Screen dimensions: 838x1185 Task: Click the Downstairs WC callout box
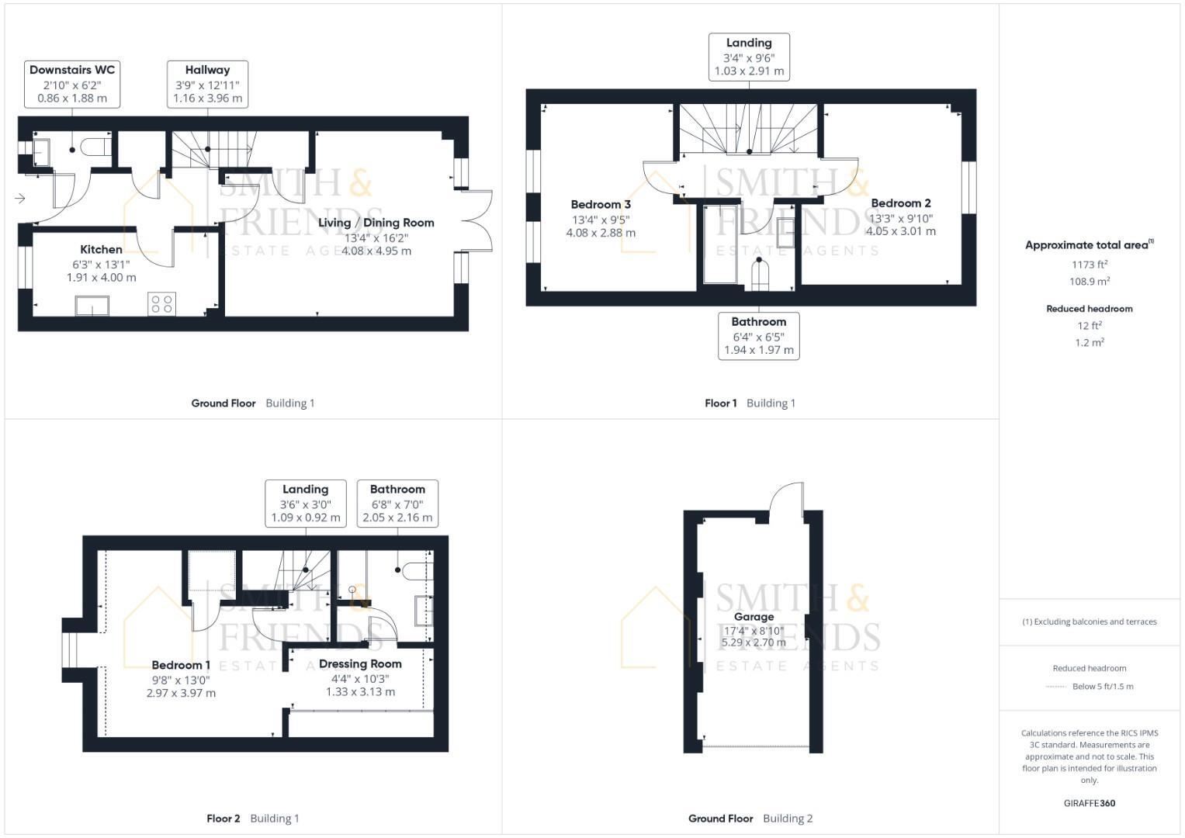point(72,84)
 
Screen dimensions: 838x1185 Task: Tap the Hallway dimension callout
point(207,84)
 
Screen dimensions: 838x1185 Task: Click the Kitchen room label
point(101,249)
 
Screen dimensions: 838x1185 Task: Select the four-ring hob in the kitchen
point(162,303)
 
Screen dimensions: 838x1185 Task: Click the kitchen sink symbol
point(92,306)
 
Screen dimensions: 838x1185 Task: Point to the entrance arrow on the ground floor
point(20,199)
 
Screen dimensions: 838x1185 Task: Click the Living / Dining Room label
point(376,223)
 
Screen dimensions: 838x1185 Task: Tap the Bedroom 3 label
point(601,205)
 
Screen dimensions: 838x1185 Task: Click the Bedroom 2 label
point(900,203)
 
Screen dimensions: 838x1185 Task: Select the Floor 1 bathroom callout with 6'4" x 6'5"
point(758,336)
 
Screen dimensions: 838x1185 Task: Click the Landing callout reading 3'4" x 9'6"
point(749,57)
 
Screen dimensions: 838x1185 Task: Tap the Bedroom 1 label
point(181,665)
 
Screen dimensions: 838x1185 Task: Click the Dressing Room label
point(360,664)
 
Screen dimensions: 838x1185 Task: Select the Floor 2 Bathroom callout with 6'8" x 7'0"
point(397,503)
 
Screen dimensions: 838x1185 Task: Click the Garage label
point(754,617)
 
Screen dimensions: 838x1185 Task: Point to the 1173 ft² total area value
point(1089,265)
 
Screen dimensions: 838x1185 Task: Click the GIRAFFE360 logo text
point(1089,803)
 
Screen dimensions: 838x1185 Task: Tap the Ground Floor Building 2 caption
point(750,818)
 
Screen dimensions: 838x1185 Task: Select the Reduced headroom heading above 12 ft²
point(1089,309)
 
